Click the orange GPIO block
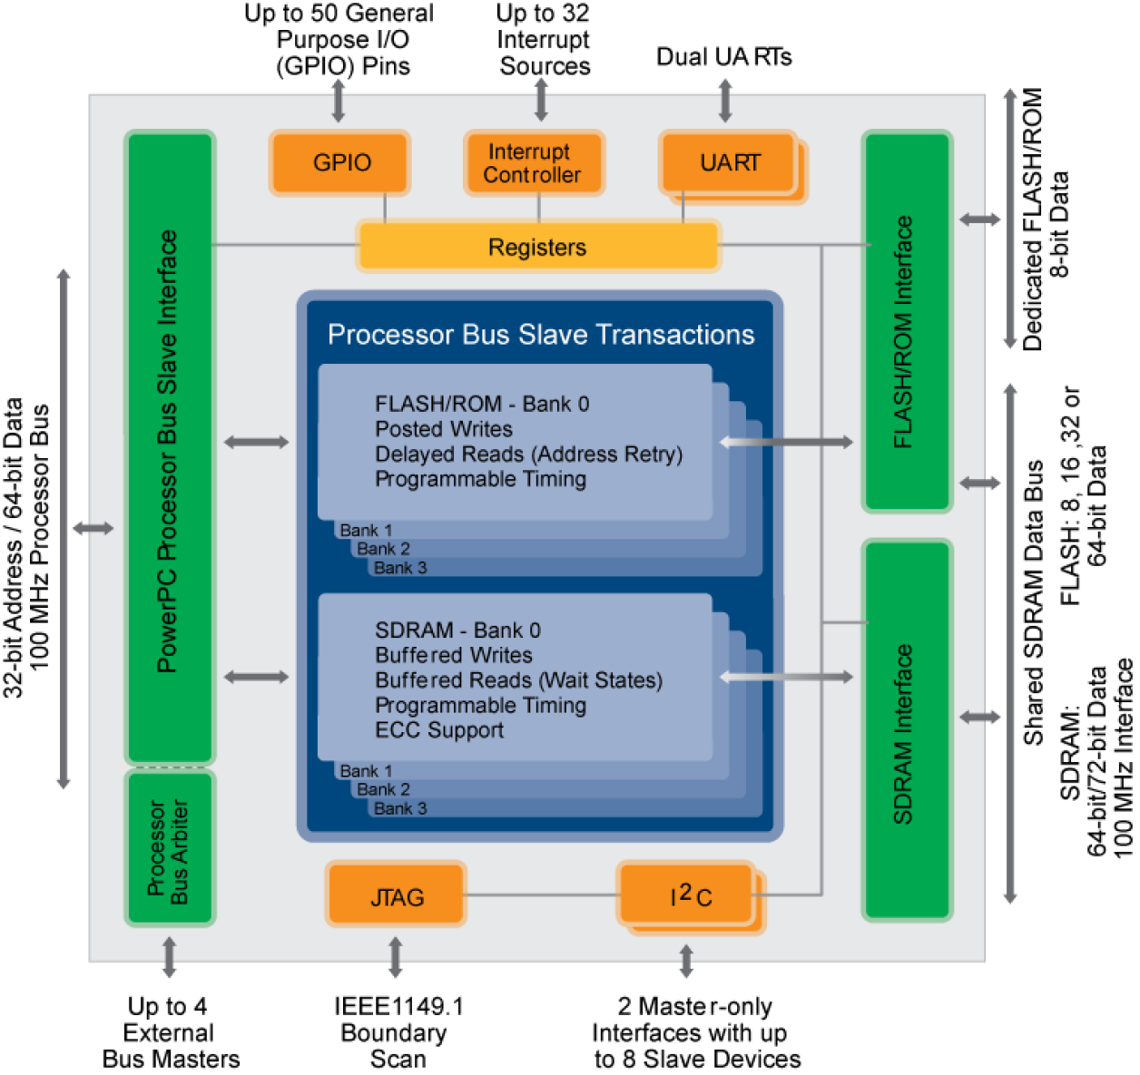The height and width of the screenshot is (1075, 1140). point(340,162)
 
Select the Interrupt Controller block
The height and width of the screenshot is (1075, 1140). point(533,163)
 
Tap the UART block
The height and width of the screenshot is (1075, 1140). point(729,163)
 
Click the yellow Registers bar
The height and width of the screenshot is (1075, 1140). point(538,247)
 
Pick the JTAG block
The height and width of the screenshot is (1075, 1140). point(397,896)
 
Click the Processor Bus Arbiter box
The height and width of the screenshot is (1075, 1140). point(169,849)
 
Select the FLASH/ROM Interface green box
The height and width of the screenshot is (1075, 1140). point(906,322)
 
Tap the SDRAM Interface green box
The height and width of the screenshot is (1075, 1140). point(906,730)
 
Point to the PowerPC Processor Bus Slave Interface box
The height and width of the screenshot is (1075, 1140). point(169,449)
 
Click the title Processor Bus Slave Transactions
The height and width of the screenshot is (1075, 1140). point(541,335)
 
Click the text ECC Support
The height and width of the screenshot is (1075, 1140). point(439,730)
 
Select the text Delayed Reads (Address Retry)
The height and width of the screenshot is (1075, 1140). point(528,454)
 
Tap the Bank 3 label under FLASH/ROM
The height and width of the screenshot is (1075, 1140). point(400,568)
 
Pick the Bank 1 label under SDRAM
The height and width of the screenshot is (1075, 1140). point(366,771)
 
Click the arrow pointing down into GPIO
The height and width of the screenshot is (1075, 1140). point(339,101)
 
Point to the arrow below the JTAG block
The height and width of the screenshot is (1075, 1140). point(396,950)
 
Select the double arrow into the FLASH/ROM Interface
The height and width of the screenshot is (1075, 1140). point(786,442)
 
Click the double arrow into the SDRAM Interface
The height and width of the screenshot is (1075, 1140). point(786,677)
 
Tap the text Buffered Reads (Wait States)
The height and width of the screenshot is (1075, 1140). point(518,680)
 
